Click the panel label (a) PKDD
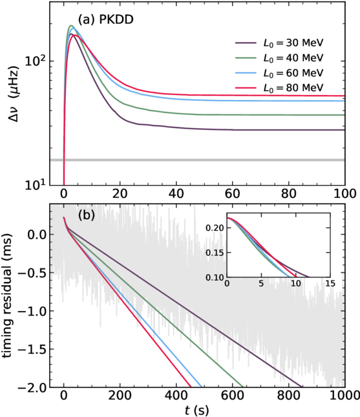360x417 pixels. [105, 20]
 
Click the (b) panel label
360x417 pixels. [86, 215]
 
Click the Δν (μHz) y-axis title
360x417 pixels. [14, 94]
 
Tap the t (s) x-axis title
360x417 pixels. [196, 411]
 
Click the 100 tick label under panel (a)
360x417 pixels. [345, 193]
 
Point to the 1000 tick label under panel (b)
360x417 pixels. [345, 396]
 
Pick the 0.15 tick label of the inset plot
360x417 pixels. [215, 252]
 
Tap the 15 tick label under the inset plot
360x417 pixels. [330, 284]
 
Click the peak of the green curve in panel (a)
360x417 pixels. [71, 26]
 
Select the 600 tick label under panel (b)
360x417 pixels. [233, 396]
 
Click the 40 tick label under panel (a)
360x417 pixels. [176, 193]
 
